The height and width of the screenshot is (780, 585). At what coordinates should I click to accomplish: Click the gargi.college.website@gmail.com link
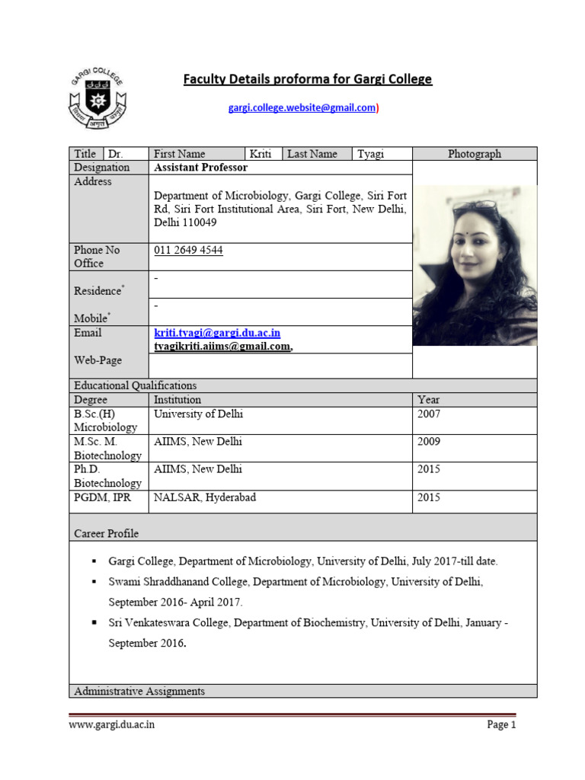click(x=302, y=108)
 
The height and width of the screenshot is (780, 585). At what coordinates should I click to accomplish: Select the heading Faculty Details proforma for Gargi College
click(x=308, y=79)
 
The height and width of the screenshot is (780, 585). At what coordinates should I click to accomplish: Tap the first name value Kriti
click(x=261, y=154)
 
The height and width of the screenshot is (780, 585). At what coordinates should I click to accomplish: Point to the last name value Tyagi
click(x=371, y=154)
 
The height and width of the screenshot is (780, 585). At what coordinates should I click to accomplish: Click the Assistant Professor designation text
click(x=201, y=168)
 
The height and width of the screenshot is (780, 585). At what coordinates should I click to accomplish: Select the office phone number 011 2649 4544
click(x=188, y=250)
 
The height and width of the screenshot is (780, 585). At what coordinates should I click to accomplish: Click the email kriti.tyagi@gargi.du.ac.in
click(x=217, y=334)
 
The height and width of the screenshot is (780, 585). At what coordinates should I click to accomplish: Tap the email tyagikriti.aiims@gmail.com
click(x=222, y=347)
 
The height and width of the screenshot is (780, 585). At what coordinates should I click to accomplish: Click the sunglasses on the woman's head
click(x=475, y=206)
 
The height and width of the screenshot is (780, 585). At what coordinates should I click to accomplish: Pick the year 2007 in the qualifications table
click(x=429, y=414)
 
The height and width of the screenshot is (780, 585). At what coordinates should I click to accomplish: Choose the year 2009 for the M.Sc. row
click(x=429, y=442)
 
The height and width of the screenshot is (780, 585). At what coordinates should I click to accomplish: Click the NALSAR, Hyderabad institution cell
click(x=205, y=497)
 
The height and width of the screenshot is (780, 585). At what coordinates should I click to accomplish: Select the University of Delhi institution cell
click(x=199, y=414)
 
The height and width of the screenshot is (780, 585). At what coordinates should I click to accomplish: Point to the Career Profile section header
click(x=106, y=533)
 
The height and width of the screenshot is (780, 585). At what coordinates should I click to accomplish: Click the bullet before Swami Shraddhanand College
click(x=94, y=582)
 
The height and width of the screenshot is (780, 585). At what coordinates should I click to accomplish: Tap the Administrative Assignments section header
click(x=139, y=691)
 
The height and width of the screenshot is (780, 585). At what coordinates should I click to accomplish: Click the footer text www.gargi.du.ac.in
click(x=112, y=724)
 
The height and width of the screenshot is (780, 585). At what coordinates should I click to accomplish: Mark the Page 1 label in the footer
click(x=501, y=724)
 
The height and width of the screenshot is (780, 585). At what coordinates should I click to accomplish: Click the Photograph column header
click(x=475, y=154)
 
